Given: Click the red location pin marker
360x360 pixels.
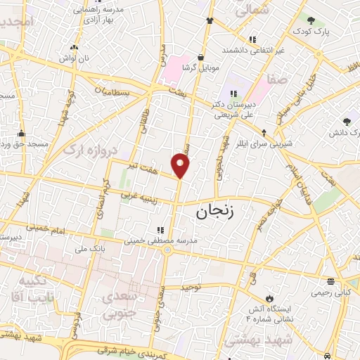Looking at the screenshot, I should coord(181,166).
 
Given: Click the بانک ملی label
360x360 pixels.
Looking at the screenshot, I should coord(95,247).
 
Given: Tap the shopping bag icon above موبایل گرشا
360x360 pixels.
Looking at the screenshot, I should coord(201,57).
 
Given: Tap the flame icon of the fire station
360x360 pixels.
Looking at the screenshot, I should coord(268,297).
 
